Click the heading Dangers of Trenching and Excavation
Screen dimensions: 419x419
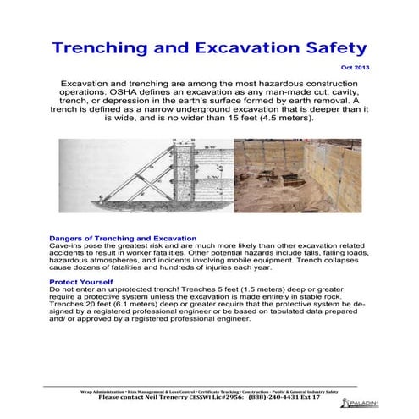pyautogui.click(x=124, y=239)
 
